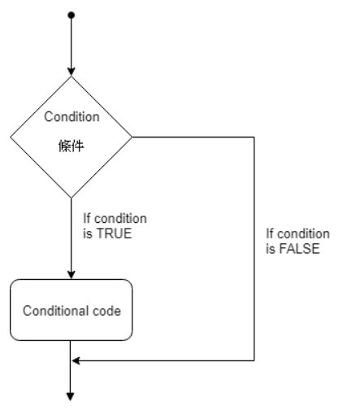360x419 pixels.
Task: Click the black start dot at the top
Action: [72, 15]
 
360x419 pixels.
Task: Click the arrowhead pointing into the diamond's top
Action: [72, 71]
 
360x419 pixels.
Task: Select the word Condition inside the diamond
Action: [72, 116]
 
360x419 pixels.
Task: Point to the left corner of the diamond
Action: [11, 137]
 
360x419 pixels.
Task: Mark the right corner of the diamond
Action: [132, 137]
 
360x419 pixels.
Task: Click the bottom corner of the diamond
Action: [72, 198]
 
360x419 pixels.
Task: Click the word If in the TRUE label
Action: [88, 218]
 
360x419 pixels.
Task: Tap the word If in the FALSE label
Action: [270, 234]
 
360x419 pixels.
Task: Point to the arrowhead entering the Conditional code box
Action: [72, 274]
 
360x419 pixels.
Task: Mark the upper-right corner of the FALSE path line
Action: [254, 137]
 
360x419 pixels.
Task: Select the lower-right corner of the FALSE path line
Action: [254, 360]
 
